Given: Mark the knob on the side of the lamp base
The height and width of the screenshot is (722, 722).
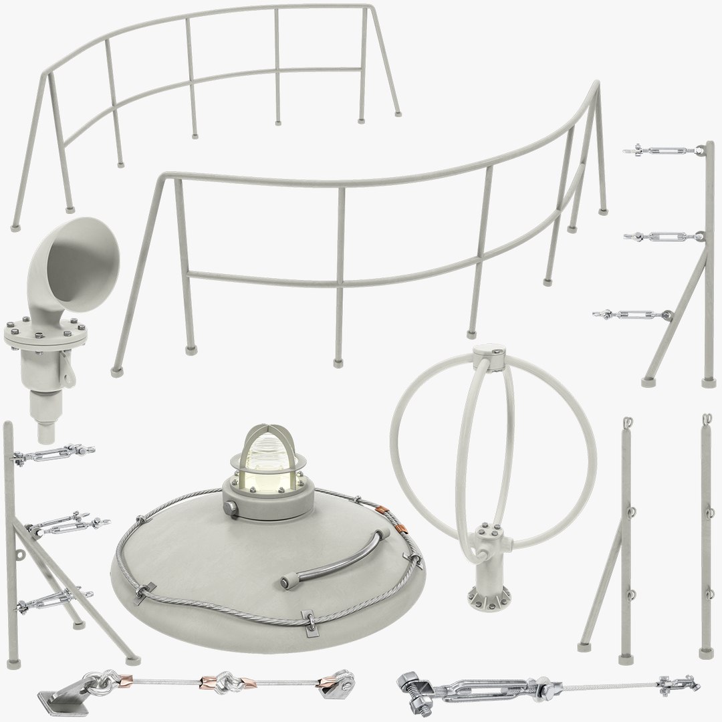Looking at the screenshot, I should click(231, 509).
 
